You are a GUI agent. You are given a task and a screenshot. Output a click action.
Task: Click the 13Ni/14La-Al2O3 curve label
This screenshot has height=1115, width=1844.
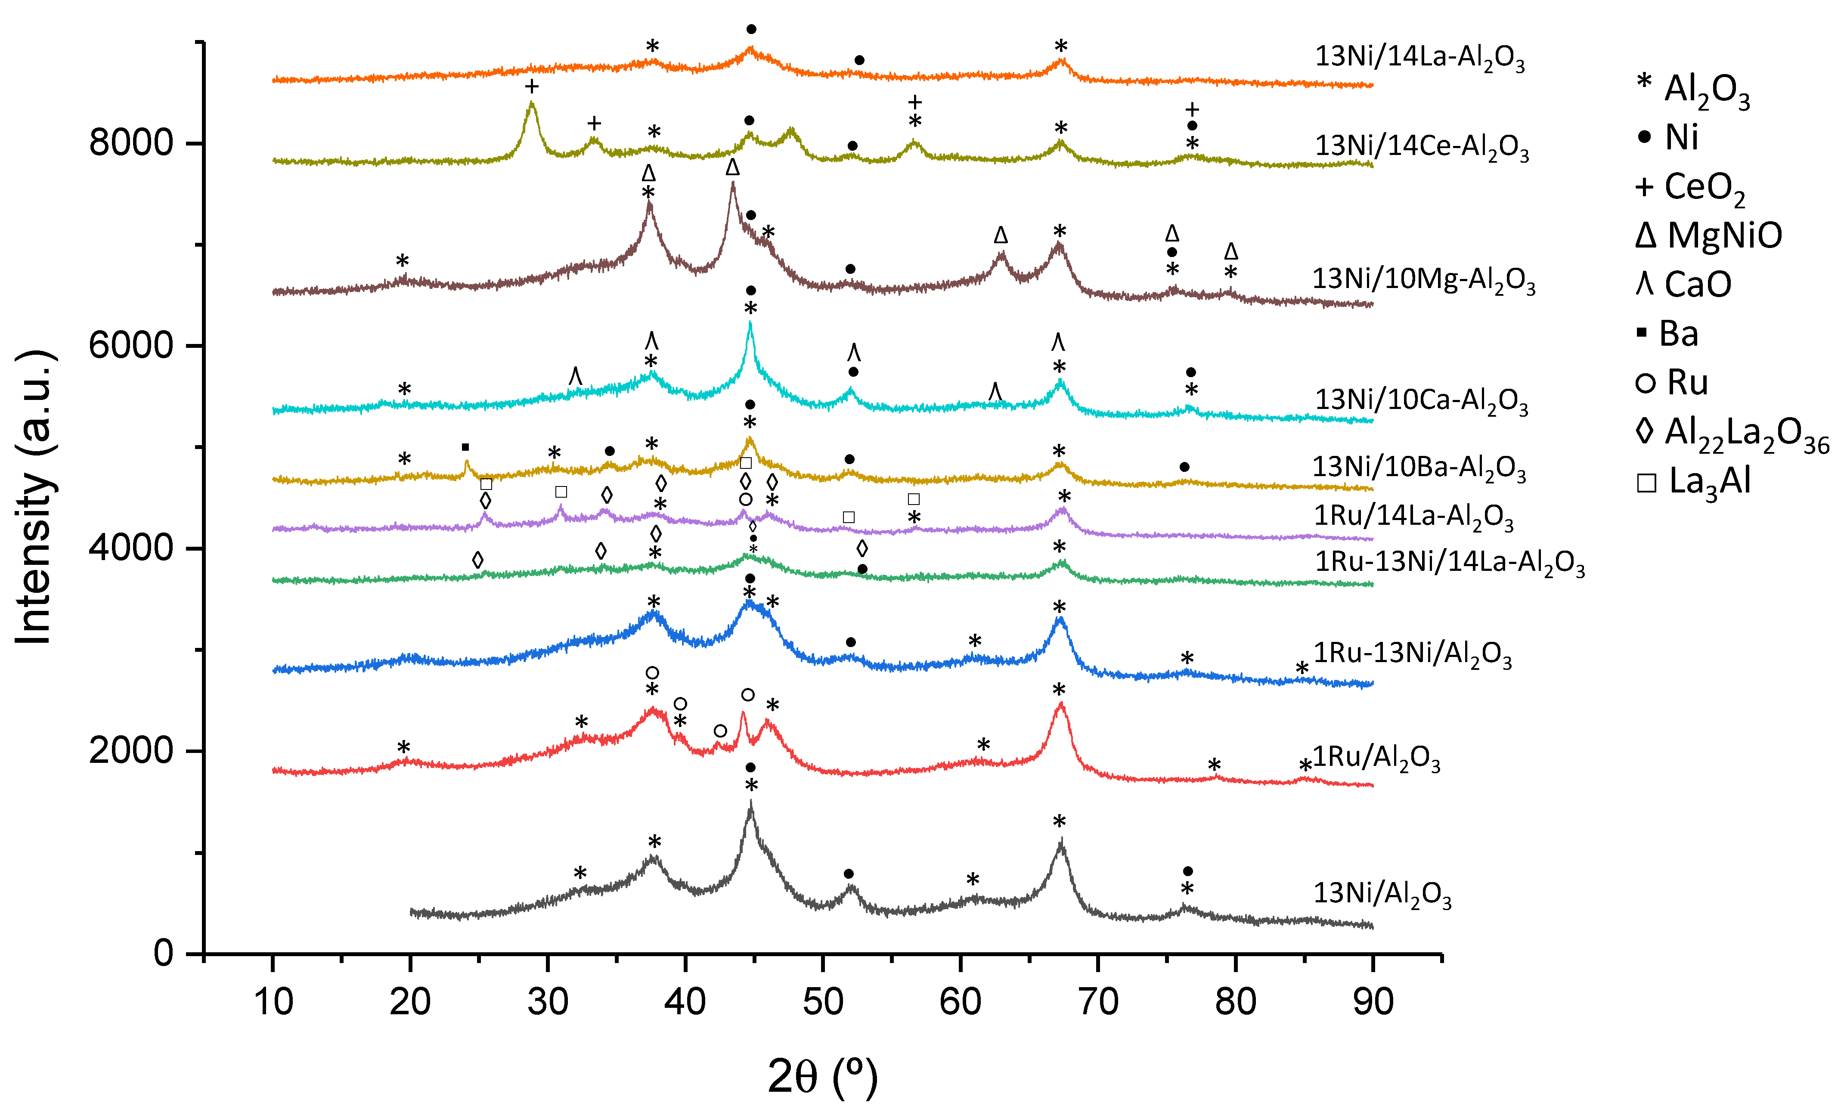point(1419,58)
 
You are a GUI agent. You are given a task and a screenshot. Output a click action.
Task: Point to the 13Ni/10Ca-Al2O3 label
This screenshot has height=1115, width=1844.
point(1421,401)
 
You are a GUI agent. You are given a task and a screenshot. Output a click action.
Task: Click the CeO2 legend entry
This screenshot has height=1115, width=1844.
point(1691,187)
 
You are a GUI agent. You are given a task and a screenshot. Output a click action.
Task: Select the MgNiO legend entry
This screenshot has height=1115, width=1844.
point(1708,236)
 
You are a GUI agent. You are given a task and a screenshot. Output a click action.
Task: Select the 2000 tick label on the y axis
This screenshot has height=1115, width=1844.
point(131,750)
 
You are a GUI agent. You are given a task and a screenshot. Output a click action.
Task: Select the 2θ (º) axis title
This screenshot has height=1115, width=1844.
point(822,1078)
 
